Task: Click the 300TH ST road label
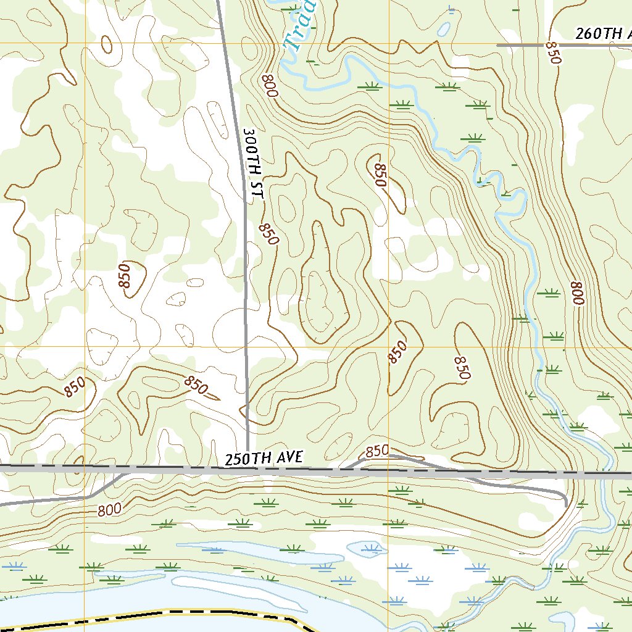253,164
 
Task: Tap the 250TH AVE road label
264,458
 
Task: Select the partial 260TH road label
602,34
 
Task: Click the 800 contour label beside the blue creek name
270,86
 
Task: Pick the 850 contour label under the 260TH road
553,54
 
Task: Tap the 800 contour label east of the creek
577,293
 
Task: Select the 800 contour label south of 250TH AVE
109,510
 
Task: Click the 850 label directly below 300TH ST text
268,234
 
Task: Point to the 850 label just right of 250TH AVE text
377,451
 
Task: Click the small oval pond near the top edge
443,28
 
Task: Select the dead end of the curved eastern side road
565,505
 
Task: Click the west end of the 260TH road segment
499,45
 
